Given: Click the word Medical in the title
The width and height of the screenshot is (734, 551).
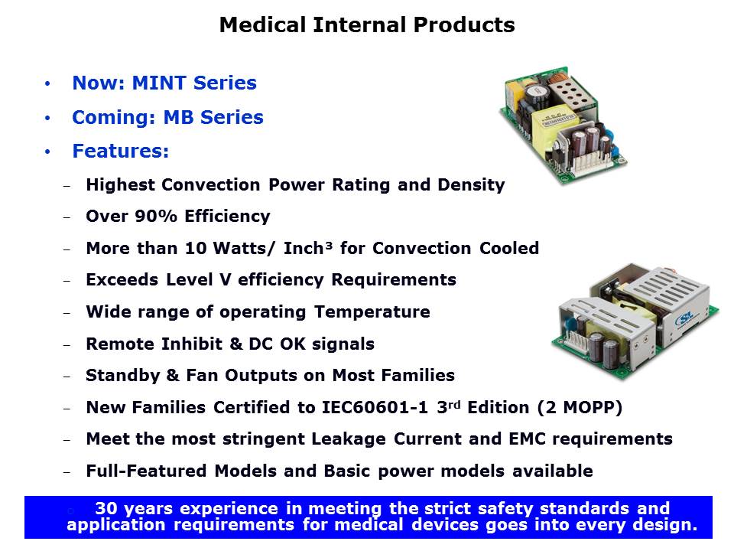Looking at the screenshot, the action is [262, 24].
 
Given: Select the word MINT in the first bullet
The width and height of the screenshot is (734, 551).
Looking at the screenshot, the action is [159, 83].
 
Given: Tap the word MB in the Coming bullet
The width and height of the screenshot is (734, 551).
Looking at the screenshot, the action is [178, 117].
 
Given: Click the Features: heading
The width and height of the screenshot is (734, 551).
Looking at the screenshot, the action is [120, 151].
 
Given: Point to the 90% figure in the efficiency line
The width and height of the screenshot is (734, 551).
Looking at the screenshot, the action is [156, 216].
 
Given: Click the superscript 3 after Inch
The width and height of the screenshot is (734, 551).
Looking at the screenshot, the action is [329, 245].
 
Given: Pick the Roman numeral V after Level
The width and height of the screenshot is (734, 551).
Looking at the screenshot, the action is [225, 280].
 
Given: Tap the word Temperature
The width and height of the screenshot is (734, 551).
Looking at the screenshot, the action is [372, 311].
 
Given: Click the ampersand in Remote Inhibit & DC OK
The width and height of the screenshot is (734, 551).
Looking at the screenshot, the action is [236, 344].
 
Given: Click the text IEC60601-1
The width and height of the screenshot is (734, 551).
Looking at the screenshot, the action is [375, 407].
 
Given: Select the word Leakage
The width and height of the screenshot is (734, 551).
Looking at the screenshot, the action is [349, 439].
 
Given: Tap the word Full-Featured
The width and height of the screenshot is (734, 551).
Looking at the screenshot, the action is [146, 471].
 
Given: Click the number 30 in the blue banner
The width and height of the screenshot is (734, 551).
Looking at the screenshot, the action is [106, 508].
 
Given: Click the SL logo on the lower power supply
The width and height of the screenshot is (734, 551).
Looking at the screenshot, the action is [684, 320].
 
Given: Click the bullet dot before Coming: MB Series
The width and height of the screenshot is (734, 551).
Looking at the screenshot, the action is [47, 118].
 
